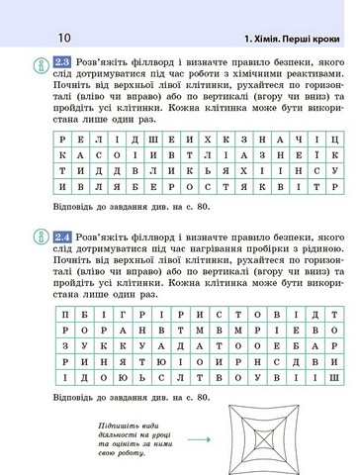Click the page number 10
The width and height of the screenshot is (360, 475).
(x=37, y=39)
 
